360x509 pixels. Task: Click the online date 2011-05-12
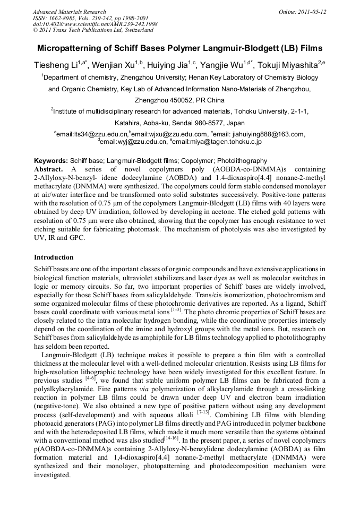[x=313, y=12]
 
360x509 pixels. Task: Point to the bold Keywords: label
[x=51, y=160]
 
